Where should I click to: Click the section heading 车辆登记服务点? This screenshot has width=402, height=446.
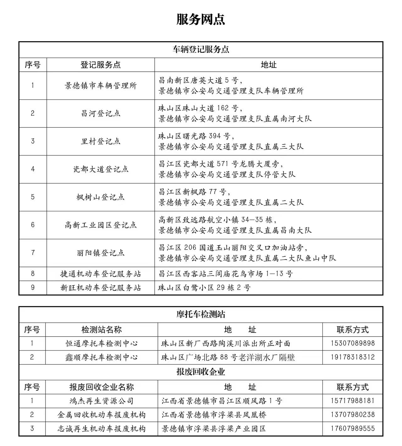click(201, 49)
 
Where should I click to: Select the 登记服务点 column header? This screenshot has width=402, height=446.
click(101, 65)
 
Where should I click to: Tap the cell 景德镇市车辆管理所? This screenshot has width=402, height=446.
click(101, 86)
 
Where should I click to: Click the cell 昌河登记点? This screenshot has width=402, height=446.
click(101, 113)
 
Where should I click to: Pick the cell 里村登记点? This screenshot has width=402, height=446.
click(101, 141)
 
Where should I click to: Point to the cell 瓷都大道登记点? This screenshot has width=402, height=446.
click(101, 169)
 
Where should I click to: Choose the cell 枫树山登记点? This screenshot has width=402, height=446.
click(101, 197)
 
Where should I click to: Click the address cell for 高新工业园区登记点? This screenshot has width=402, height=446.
click(235, 225)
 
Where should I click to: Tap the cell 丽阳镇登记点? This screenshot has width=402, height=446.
click(101, 253)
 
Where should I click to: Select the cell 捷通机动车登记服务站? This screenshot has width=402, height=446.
click(101, 274)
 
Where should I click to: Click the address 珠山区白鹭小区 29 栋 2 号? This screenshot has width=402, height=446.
click(204, 287)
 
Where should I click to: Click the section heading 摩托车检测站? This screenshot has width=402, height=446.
click(201, 314)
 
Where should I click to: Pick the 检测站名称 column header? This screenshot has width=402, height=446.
click(102, 330)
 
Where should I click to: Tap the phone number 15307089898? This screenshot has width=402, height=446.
click(353, 343)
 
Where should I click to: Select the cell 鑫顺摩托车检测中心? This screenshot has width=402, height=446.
click(102, 357)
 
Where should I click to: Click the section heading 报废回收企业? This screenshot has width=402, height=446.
click(201, 372)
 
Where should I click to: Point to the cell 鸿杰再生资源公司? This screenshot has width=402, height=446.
click(102, 401)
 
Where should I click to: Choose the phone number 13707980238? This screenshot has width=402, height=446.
click(353, 415)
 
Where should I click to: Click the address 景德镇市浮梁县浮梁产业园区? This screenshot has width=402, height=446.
click(214, 428)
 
